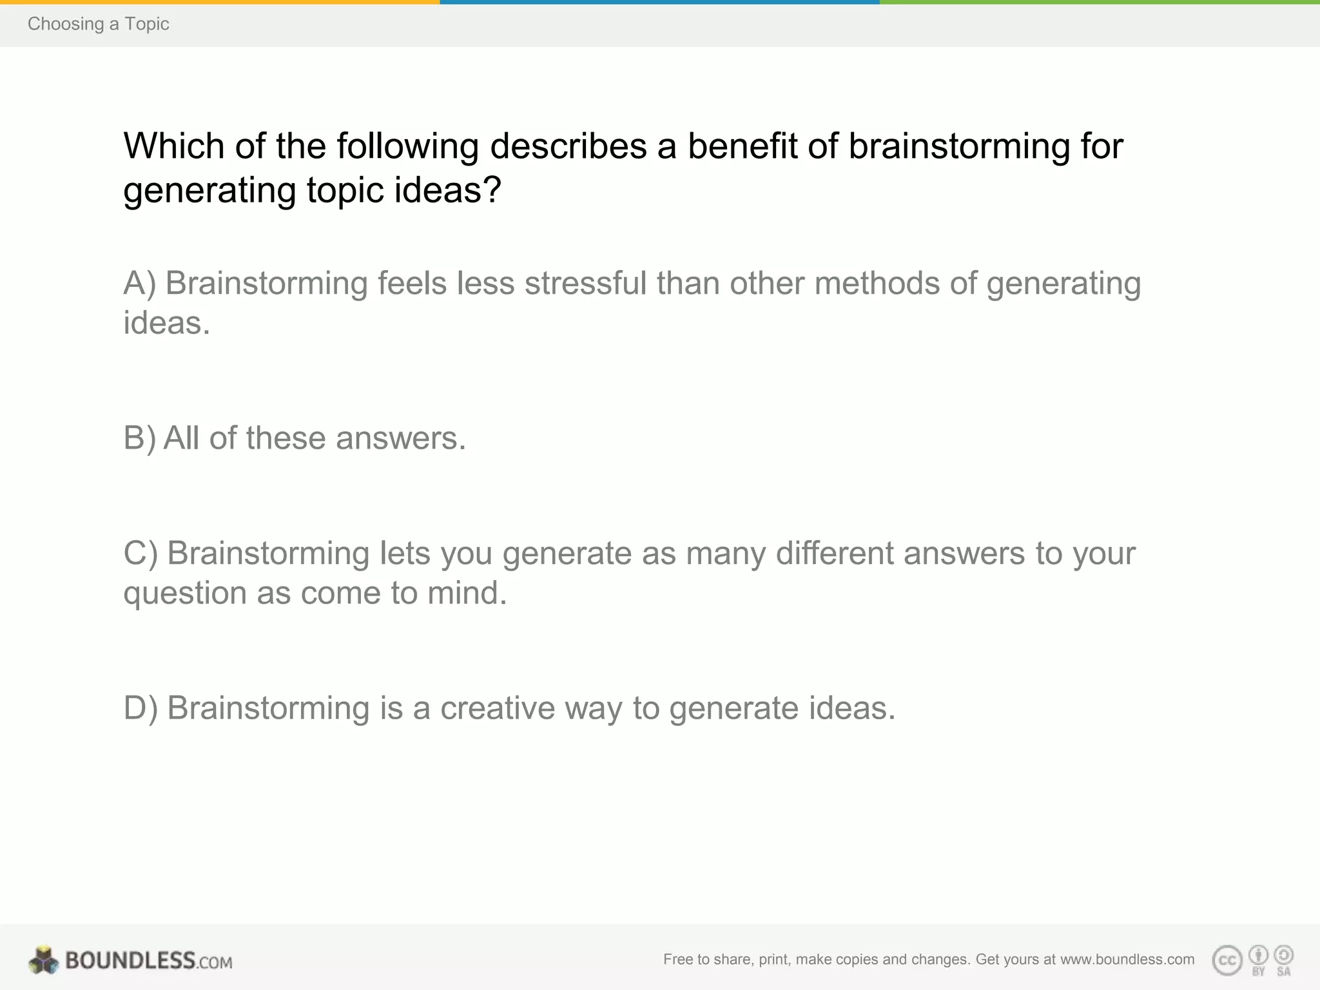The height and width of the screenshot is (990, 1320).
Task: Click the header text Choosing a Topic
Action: (98, 24)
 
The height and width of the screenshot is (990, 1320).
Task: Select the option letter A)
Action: (140, 284)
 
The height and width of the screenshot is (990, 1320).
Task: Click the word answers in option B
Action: (400, 438)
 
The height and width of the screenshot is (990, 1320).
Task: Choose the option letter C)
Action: (141, 554)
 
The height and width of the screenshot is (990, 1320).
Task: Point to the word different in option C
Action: (835, 554)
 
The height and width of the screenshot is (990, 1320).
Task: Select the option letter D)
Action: (141, 708)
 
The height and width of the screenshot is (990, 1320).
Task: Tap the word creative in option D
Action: (498, 708)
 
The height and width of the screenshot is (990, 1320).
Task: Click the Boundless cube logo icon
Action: (44, 960)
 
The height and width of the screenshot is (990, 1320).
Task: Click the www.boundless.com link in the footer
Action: (1127, 960)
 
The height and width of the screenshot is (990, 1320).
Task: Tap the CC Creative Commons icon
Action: (1227, 960)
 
